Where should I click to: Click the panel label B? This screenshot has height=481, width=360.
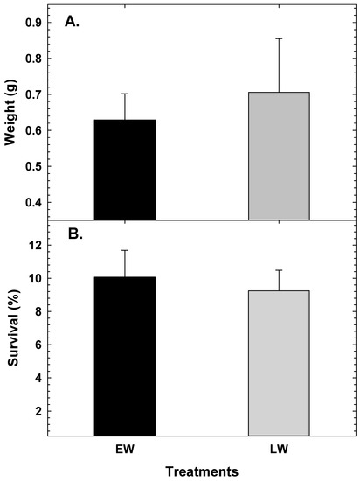coord(73,234)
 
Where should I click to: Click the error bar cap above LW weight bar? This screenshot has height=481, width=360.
coord(279,38)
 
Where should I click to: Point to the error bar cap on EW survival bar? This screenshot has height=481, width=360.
coord(125,250)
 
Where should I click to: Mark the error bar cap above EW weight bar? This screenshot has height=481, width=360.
coord(125,94)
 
